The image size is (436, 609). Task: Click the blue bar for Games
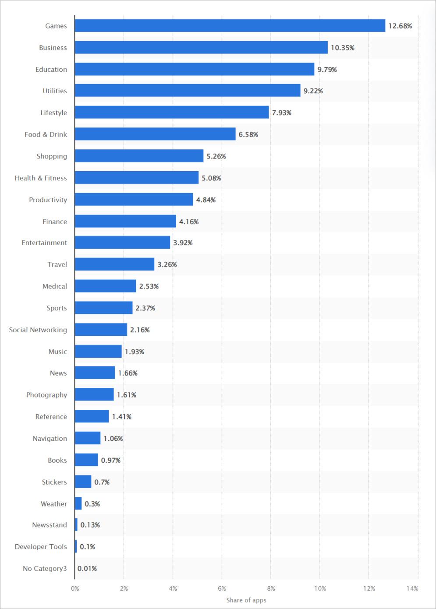(230, 26)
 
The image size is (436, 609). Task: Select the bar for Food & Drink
(155, 134)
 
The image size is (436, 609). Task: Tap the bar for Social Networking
(101, 330)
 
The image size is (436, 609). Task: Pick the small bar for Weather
(78, 503)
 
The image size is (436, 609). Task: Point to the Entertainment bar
(122, 243)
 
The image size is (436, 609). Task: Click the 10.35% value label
(342, 48)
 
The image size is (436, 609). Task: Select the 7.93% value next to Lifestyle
(281, 113)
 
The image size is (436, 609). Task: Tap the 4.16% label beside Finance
(188, 222)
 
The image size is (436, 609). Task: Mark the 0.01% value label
(87, 568)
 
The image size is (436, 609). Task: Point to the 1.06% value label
(113, 438)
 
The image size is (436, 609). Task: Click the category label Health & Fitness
(41, 178)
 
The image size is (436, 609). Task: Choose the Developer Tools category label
(41, 547)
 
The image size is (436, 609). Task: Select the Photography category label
(46, 395)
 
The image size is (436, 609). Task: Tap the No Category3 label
(45, 568)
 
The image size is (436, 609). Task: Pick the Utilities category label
(55, 91)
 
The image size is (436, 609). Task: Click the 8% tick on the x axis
(271, 588)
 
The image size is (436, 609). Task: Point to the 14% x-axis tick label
(412, 588)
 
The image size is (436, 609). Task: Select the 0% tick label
(75, 588)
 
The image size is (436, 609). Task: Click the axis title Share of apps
(246, 600)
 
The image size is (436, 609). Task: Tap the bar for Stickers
(83, 482)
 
